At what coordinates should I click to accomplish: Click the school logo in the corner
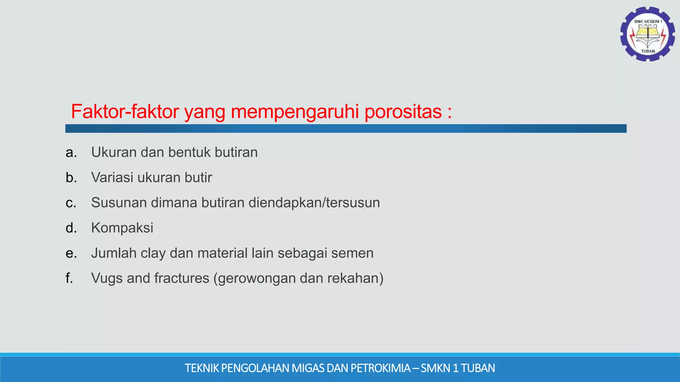click(647, 34)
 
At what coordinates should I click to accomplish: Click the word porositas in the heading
click(403, 111)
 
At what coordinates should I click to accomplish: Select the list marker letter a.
click(71, 153)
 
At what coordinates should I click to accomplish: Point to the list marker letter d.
click(71, 228)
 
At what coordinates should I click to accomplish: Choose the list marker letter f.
click(69, 278)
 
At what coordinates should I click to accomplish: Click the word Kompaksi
click(122, 228)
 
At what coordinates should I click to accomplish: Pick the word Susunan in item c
click(119, 203)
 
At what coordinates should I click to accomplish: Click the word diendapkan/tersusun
click(314, 203)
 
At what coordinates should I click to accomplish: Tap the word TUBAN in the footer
click(478, 368)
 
